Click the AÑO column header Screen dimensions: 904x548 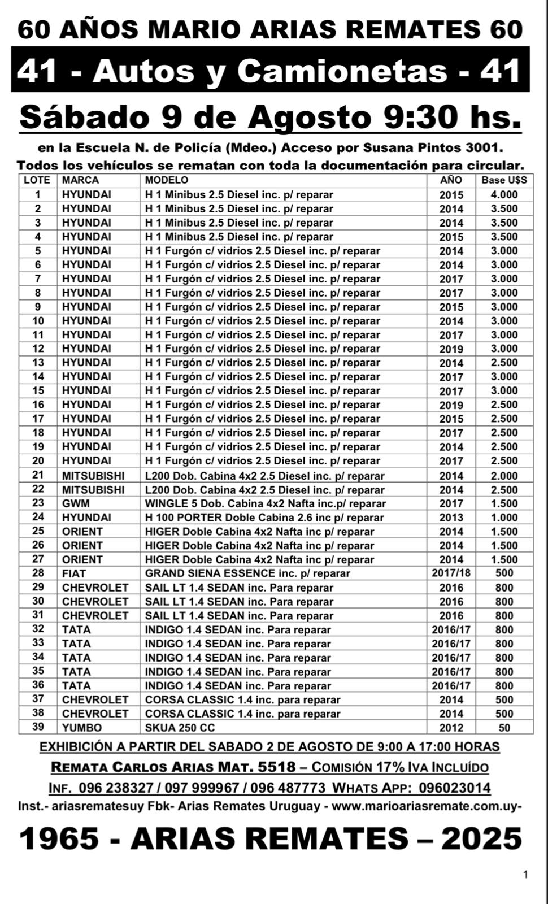coord(451,180)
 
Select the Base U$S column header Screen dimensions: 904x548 coord(504,180)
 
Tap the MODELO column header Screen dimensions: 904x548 coord(167,180)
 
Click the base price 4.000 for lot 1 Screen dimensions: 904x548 coord(504,194)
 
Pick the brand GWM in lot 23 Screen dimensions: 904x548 coord(76,503)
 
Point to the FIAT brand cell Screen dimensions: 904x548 coord(74,573)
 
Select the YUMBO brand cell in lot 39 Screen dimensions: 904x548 coord(82,728)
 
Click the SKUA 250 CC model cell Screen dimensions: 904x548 coord(180,728)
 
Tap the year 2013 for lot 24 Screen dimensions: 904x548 coord(451,518)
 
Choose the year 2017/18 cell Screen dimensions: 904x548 coord(451,573)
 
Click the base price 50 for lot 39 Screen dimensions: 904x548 coord(504,728)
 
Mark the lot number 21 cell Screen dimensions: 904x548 coord(38,476)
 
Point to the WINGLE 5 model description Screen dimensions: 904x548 coord(266,503)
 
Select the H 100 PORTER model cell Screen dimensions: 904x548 coord(264,518)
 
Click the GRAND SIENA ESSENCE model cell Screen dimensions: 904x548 coord(247,573)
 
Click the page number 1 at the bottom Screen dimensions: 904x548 coord(525,875)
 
